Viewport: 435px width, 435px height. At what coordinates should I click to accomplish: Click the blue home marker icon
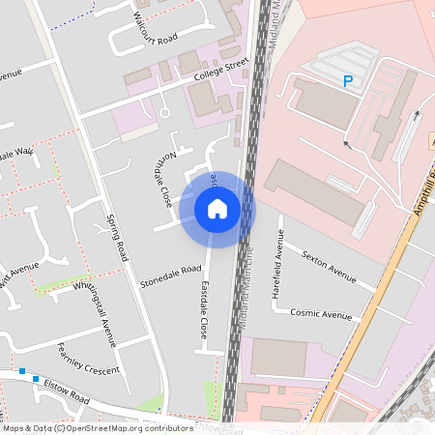217,209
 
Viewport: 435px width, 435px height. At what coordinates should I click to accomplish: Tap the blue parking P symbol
347,82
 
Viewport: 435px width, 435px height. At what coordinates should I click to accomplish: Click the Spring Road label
117,237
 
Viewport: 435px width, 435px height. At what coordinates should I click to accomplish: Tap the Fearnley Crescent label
88,360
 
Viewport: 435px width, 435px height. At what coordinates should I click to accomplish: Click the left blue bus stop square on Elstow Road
21,371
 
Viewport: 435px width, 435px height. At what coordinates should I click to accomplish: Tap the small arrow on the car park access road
346,145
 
